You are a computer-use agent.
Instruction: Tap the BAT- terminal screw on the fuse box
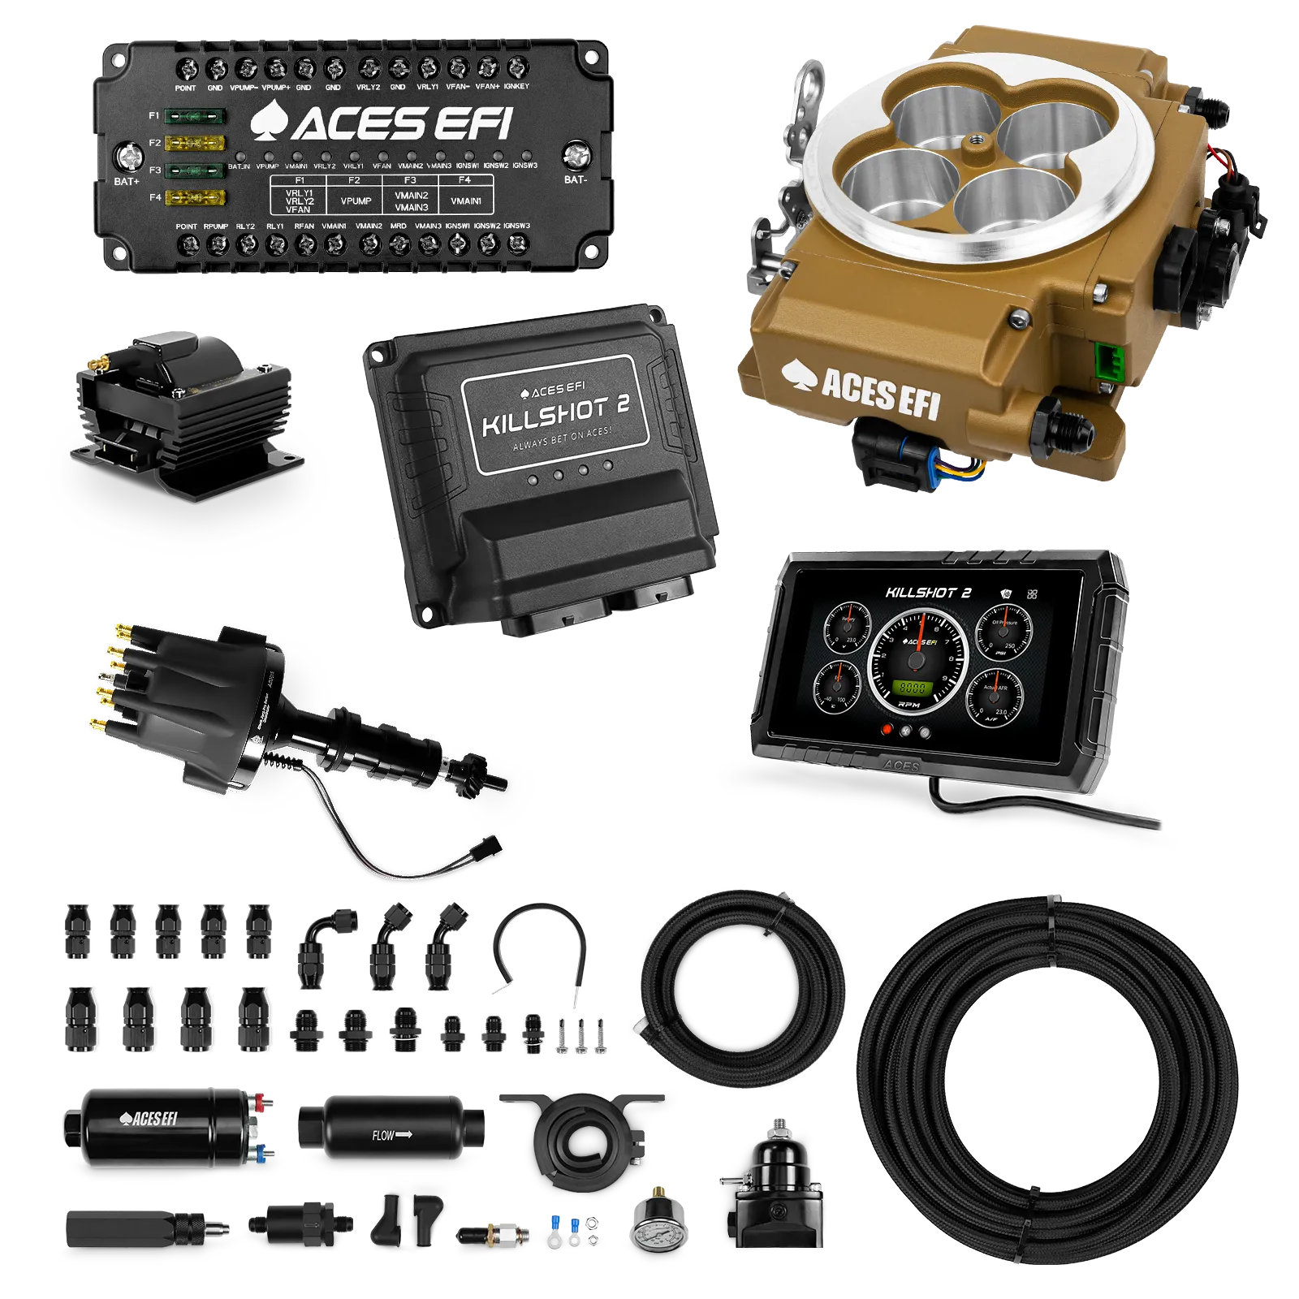point(576,153)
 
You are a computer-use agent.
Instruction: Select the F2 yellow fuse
point(195,144)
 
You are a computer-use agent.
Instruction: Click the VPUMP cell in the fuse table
point(356,201)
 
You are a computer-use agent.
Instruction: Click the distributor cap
point(187,698)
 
